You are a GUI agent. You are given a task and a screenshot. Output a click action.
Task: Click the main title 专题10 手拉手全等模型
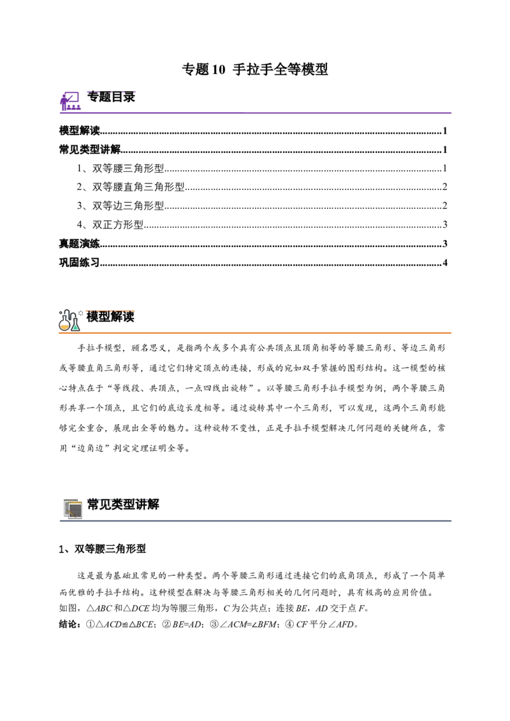[x=254, y=69]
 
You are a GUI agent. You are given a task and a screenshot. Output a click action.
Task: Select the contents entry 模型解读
[x=80, y=131]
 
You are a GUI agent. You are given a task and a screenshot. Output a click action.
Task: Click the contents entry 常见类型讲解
[x=90, y=150]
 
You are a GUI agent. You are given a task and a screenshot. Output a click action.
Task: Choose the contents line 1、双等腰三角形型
[x=120, y=168]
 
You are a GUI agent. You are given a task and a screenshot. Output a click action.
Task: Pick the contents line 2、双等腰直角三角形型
[x=131, y=187]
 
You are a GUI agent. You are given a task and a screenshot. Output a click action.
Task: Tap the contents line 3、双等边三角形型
[x=120, y=206]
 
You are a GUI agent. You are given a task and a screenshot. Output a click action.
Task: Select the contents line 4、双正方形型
[x=110, y=224]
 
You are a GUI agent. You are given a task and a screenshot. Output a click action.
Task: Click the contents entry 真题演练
[x=80, y=244]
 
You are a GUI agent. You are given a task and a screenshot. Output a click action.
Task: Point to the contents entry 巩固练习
[x=80, y=262]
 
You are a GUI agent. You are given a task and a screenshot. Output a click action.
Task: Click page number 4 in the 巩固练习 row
[x=445, y=263]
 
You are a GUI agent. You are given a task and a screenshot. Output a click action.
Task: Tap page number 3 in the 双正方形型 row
[x=445, y=225]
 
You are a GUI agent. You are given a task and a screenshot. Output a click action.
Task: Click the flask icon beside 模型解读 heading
[x=70, y=320]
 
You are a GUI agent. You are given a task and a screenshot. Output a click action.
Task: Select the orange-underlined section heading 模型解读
[x=110, y=317]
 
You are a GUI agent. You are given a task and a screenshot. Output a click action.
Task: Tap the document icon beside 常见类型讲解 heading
[x=72, y=508]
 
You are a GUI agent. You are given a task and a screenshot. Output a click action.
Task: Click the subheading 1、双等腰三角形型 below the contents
[x=103, y=548]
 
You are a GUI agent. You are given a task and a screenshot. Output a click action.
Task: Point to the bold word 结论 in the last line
[x=70, y=624]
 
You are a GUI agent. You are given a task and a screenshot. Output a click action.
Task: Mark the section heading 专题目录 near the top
[x=111, y=97]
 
